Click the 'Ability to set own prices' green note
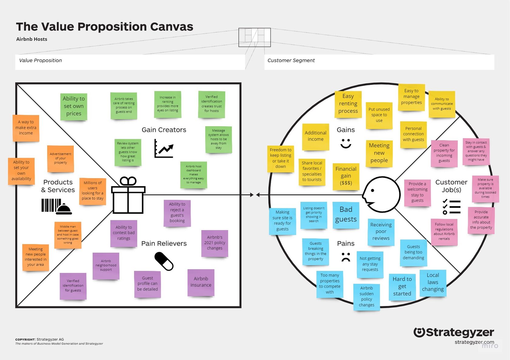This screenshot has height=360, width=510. [x=73, y=106]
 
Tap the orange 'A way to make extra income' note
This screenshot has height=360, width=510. [x=26, y=128]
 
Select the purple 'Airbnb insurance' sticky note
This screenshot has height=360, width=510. [x=201, y=282]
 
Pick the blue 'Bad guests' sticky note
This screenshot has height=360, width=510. [x=346, y=215]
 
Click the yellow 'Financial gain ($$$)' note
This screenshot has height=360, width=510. [x=346, y=176]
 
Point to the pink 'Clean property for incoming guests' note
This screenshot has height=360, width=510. [x=444, y=153]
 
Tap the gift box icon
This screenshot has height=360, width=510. [x=128, y=195]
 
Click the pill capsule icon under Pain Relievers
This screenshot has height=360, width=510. [x=164, y=261]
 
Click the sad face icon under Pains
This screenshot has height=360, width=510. [x=346, y=257]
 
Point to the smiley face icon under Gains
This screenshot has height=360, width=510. [x=346, y=143]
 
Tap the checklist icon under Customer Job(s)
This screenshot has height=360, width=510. [x=451, y=207]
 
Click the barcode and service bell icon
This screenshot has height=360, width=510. [x=57, y=207]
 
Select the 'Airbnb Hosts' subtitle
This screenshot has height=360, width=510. [x=32, y=39]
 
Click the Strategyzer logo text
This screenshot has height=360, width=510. [x=454, y=332]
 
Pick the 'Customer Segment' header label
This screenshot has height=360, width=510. [x=291, y=60]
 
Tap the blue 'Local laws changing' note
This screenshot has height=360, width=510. [x=433, y=283]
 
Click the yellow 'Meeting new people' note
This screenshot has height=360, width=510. [x=379, y=153]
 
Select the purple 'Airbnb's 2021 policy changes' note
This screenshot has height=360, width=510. [x=215, y=243]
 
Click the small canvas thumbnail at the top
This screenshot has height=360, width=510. [x=254, y=38]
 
